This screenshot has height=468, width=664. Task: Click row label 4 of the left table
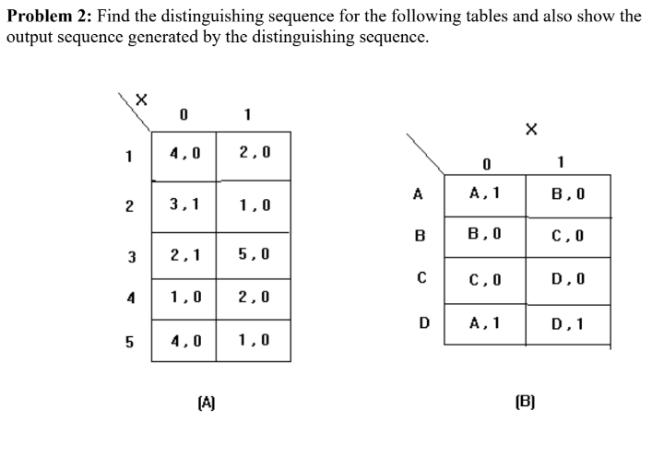click(131, 298)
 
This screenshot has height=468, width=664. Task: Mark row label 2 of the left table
click(131, 205)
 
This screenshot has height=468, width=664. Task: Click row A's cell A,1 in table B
click(483, 194)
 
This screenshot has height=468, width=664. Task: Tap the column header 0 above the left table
click(184, 113)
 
